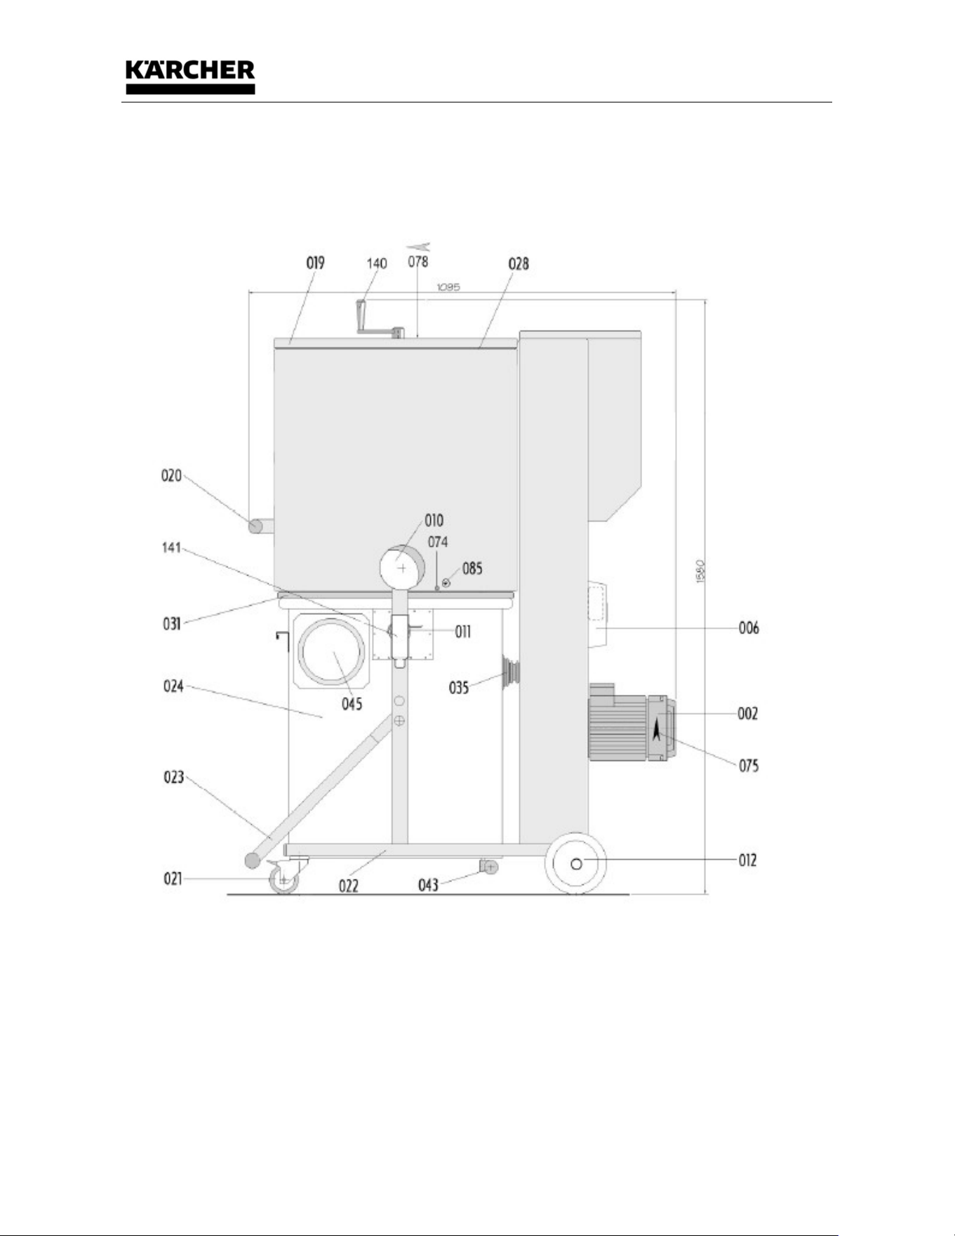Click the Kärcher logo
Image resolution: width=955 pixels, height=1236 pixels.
[x=190, y=77]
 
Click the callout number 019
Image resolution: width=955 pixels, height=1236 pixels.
[x=315, y=263]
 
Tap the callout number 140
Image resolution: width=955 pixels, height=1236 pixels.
[x=377, y=263]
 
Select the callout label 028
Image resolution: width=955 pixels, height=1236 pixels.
[x=519, y=264]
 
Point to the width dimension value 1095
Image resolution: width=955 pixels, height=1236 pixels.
[x=448, y=286]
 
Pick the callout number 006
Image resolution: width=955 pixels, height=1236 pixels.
[x=749, y=627]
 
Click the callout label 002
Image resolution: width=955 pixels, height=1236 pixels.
[x=748, y=714]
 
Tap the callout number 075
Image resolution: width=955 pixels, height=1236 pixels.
[x=749, y=766]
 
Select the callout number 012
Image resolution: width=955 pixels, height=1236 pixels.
[x=748, y=860]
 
